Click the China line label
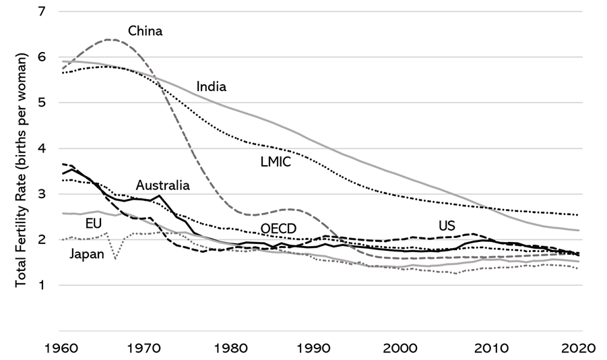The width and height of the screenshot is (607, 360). [146, 31]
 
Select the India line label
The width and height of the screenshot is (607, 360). [211, 86]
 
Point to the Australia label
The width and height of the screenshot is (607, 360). [162, 185]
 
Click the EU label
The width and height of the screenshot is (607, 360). [94, 223]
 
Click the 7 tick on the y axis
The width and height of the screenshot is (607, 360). [44, 11]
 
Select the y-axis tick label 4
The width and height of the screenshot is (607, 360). [44, 148]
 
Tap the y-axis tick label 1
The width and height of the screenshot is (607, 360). [44, 285]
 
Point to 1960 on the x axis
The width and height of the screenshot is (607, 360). [63, 349]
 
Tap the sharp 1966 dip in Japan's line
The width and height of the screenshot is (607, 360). [115, 258]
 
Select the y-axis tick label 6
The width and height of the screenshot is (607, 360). [44, 57]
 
